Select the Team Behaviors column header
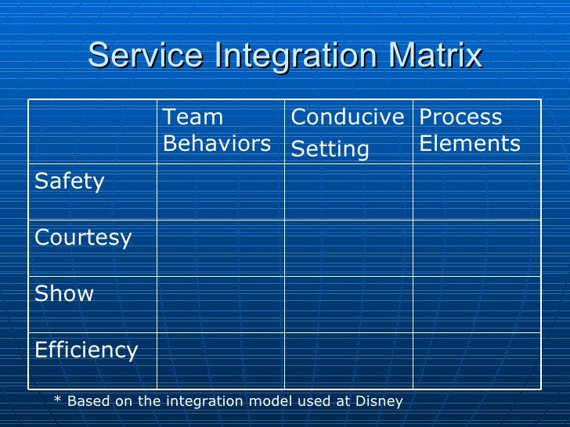point(217,131)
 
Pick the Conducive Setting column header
point(347,132)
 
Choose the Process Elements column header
point(470,131)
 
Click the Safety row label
point(70,181)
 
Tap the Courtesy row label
point(83,238)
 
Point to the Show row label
point(64,294)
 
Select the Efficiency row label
point(86,350)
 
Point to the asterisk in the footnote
point(57,401)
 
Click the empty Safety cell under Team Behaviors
point(220,192)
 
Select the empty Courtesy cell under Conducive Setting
point(348,248)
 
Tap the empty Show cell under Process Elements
point(476,304)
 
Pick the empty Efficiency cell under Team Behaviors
point(220,361)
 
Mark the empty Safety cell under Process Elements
point(476,192)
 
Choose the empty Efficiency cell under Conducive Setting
point(348,361)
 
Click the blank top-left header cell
point(92,131)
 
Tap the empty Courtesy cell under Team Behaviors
point(220,248)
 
